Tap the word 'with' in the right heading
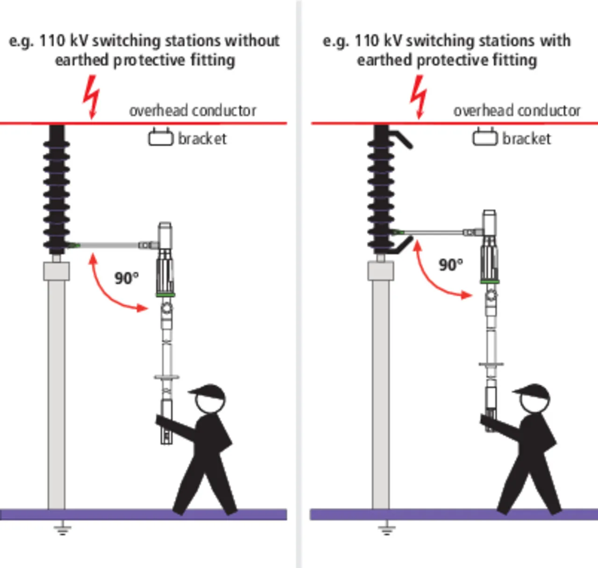point(555,41)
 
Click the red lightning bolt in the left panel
point(92,96)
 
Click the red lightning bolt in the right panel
point(419,96)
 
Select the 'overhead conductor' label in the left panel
point(192,111)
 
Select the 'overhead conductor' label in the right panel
point(517,111)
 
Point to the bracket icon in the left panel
point(160,137)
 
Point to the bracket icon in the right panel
point(484,137)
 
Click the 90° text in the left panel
point(127,278)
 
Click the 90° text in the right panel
point(451,265)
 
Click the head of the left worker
point(210,400)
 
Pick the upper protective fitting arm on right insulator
point(402,139)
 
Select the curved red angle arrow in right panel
point(432,275)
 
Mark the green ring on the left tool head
point(165,295)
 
